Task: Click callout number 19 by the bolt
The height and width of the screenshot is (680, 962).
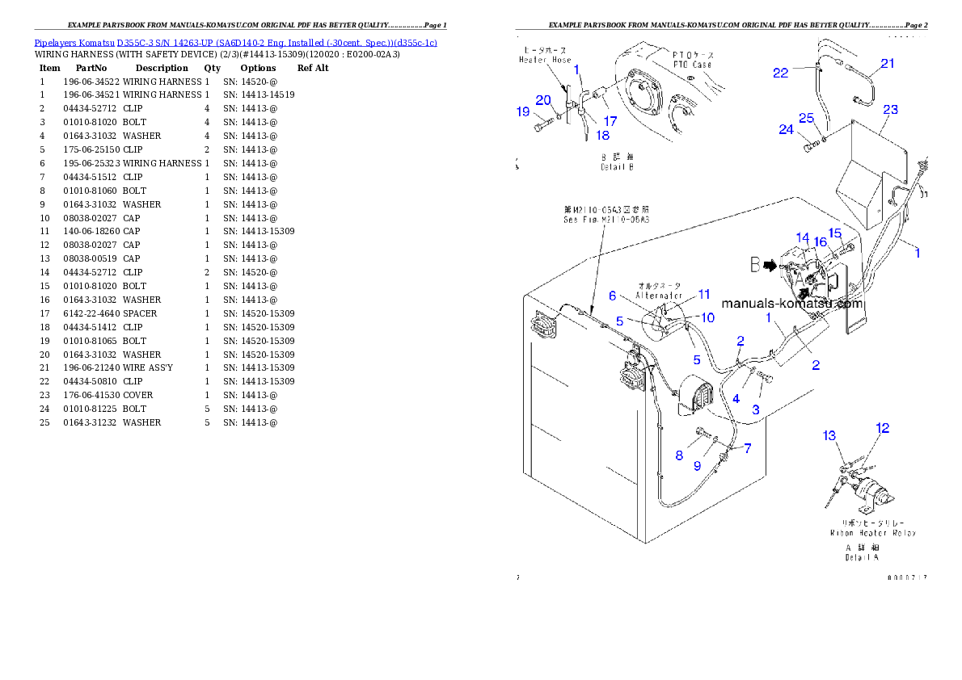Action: click(523, 112)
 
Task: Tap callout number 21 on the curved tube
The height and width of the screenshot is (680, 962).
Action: click(888, 64)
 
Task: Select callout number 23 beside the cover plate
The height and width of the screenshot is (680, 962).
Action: click(890, 109)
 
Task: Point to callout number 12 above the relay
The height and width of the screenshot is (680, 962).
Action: click(882, 428)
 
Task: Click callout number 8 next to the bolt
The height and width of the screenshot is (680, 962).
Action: click(680, 455)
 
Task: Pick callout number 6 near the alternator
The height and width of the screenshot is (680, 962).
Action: click(613, 296)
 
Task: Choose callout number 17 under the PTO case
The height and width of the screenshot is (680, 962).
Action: click(610, 121)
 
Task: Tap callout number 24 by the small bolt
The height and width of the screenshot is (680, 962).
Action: click(786, 128)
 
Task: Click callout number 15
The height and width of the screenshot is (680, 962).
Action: click(835, 233)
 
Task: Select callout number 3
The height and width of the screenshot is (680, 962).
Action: click(756, 409)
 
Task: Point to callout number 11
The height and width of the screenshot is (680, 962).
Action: click(704, 295)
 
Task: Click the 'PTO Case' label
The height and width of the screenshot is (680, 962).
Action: click(692, 60)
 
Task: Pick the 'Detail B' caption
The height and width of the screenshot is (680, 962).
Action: click(617, 162)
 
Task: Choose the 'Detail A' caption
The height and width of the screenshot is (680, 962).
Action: click(862, 552)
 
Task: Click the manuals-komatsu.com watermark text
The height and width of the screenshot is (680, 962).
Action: click(791, 304)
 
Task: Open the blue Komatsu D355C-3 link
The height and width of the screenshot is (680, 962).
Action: click(235, 43)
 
